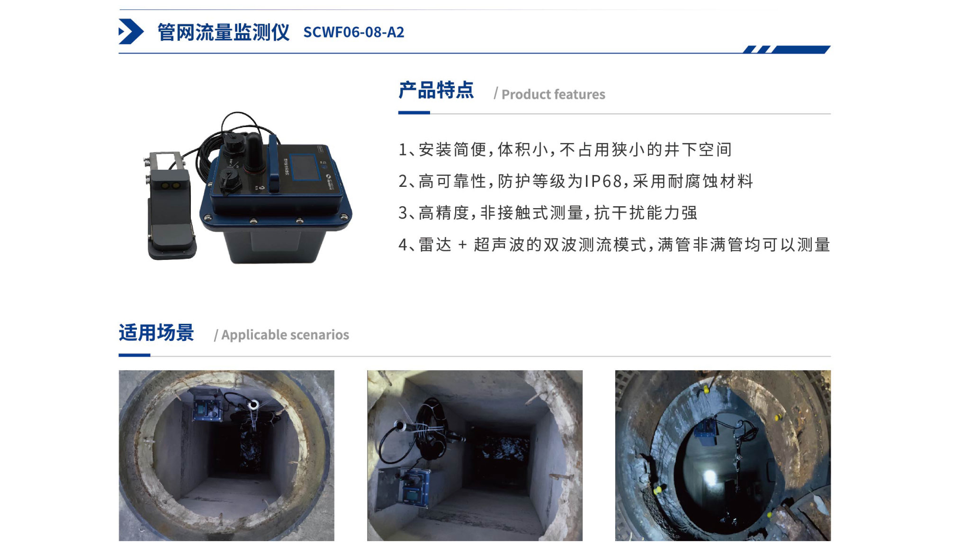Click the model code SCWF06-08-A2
tap(354, 32)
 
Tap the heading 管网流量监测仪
tap(223, 32)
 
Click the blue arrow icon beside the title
tap(131, 31)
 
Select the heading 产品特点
tap(436, 90)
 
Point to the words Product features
tap(553, 94)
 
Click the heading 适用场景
tap(156, 332)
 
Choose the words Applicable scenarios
tap(285, 335)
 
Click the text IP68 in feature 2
tap(603, 181)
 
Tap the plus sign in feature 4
tap(462, 245)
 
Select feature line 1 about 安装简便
tap(565, 149)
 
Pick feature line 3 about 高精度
tap(548, 212)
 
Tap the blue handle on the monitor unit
tap(274, 163)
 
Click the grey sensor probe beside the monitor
tap(170, 205)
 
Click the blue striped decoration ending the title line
tap(786, 49)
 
